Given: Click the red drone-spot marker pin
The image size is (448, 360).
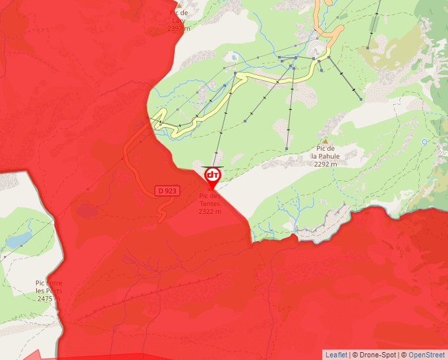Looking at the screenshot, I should coord(212,176).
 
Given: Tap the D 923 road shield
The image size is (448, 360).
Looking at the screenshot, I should coord(167,191).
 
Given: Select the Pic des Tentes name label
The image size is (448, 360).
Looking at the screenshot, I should coord(210,199).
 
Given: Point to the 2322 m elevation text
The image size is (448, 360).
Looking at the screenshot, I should coord(210,211).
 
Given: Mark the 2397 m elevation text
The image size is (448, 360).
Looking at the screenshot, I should coord(179,28).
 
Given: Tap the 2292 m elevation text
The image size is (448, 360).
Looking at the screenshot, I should coord(325,165).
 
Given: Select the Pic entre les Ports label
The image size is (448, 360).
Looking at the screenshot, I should coord(49,287).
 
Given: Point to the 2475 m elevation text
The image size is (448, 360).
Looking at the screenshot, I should coord(49,299).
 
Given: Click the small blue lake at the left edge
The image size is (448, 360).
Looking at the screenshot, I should coord(18,239).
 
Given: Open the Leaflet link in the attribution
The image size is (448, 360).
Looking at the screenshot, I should coord(336,355).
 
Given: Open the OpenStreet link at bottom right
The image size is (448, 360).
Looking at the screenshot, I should coord(426,355).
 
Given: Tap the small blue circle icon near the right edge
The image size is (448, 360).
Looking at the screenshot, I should coord(425,141).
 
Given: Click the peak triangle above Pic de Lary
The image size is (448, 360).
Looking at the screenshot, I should coord(179,5).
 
